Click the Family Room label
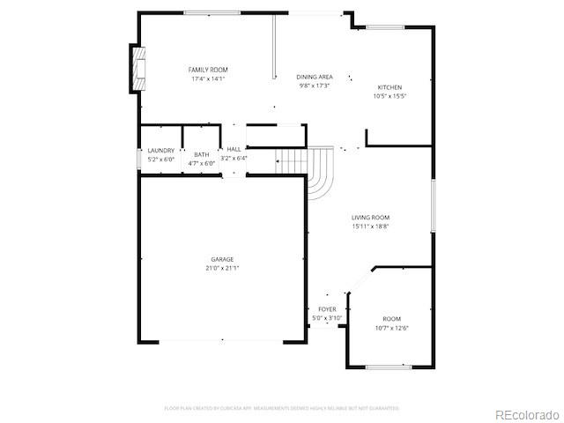(x=208, y=70)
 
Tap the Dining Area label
(x=314, y=78)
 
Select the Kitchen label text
(x=390, y=87)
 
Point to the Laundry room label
(x=160, y=151)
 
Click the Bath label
(x=202, y=155)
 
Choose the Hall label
(x=234, y=150)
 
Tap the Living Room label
(x=370, y=218)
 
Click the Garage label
(x=222, y=259)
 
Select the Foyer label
(x=327, y=309)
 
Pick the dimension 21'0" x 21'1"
(x=222, y=268)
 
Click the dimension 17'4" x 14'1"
(x=208, y=78)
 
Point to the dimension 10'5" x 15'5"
(x=390, y=96)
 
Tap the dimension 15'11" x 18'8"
(x=370, y=226)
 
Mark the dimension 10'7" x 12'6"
(x=391, y=328)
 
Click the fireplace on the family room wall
(x=137, y=68)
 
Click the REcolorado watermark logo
(x=526, y=414)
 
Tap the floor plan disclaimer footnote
(x=281, y=408)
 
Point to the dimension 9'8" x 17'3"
(x=314, y=86)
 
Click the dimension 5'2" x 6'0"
(x=160, y=159)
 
